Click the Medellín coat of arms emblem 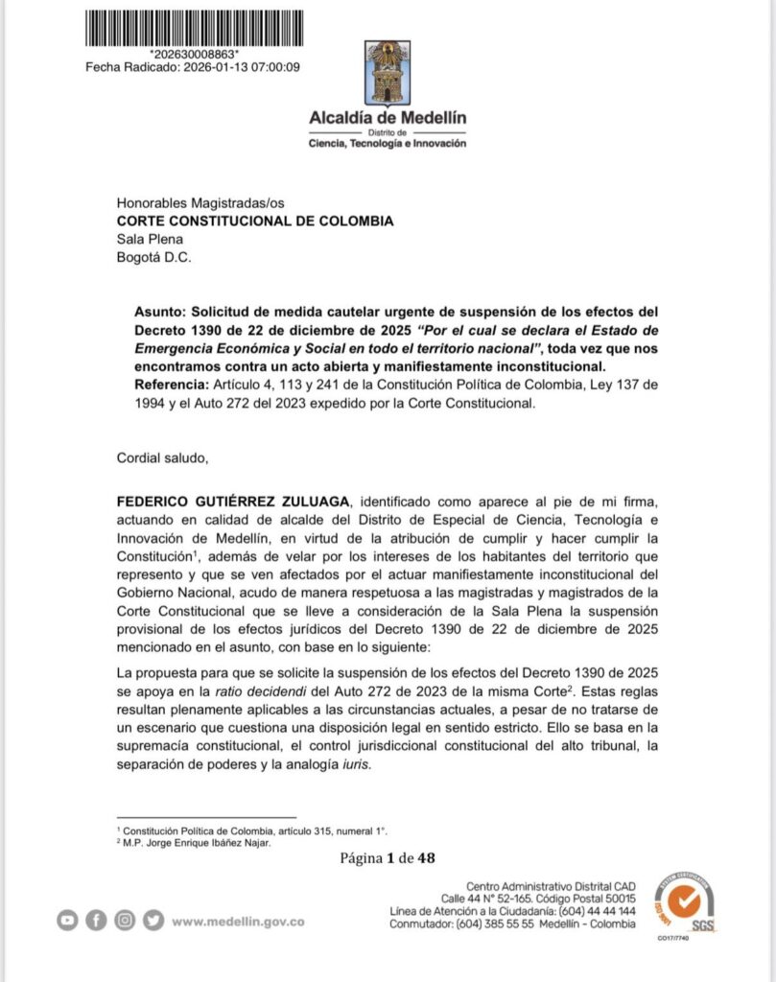tap(388, 72)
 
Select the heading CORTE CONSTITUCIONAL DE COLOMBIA tap(254, 221)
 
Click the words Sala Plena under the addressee tap(149, 239)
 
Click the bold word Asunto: tap(160, 313)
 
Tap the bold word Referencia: tap(173, 386)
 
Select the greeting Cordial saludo tap(162, 457)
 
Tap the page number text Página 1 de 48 tap(388, 857)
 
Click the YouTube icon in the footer tap(66, 920)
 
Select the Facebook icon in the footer tap(96, 920)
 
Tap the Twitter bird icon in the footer tap(153, 920)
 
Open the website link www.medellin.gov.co tap(239, 921)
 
